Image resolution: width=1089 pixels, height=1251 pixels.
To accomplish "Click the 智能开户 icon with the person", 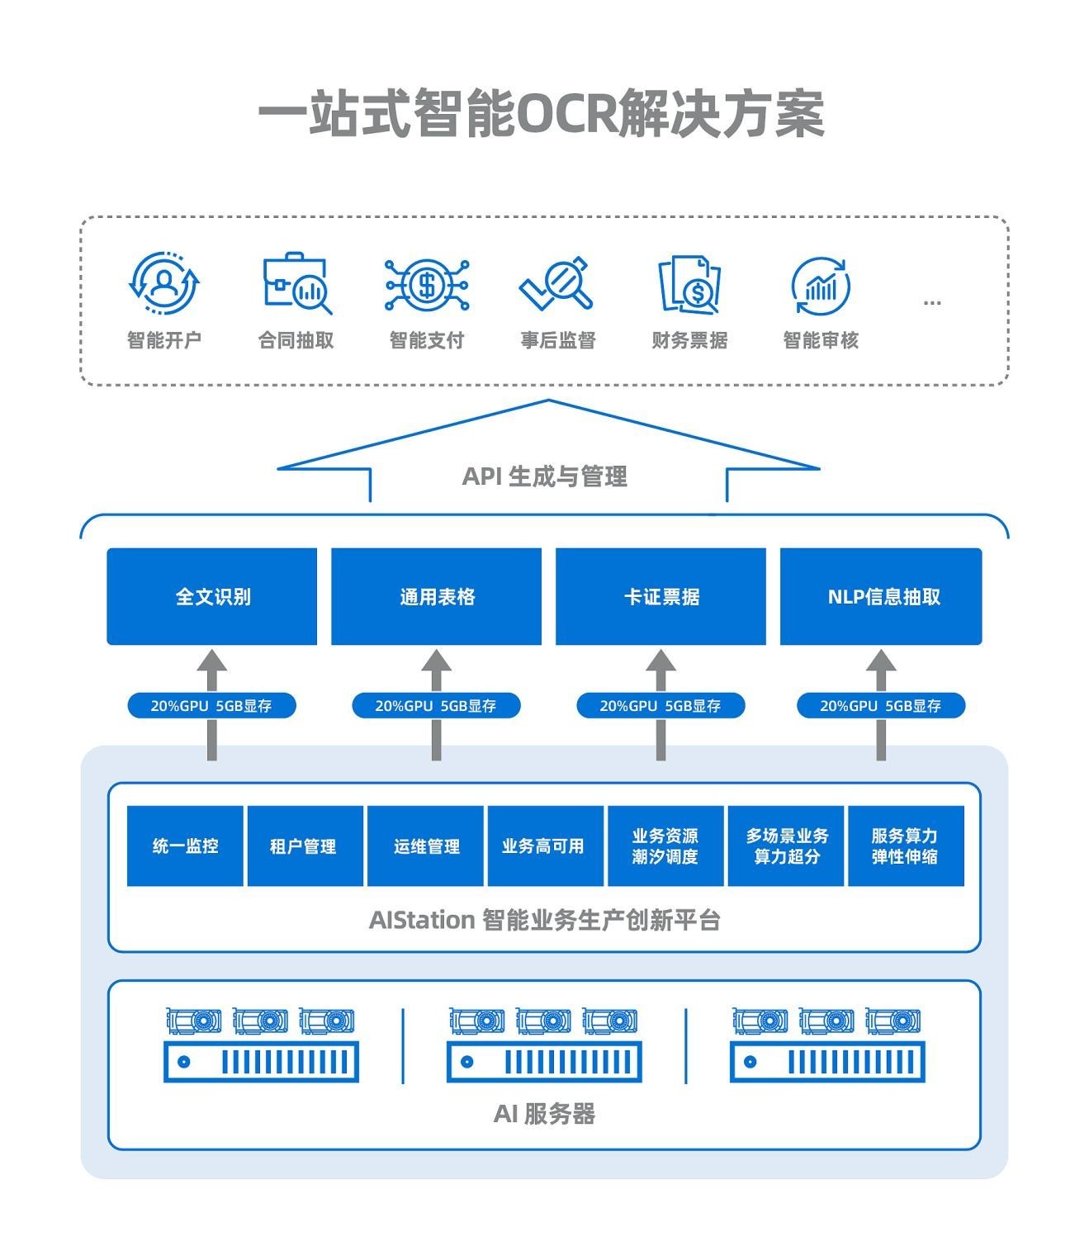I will tap(164, 283).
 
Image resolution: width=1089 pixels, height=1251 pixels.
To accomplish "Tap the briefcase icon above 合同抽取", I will tap(296, 283).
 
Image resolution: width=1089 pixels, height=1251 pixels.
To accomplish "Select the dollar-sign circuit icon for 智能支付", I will tap(427, 285).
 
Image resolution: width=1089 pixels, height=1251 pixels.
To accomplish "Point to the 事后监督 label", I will tap(558, 340).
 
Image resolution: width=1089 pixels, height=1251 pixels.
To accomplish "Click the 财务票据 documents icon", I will tap(689, 285).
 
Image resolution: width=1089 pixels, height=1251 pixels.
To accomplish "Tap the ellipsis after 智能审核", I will tap(932, 303).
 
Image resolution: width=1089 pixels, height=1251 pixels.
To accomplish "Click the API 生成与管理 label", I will tap(545, 476).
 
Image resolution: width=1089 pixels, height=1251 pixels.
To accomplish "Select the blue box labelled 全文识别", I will tap(212, 596).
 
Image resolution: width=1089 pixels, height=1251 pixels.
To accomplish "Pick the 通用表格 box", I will tap(436, 596).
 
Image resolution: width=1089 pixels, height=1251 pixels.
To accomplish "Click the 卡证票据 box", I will tap(661, 596).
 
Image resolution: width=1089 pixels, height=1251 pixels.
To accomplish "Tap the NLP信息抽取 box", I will tap(881, 596).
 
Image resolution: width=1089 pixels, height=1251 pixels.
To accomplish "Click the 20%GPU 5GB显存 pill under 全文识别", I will tap(211, 706).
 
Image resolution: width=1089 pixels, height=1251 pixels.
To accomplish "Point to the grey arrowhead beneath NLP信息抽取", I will tap(881, 661).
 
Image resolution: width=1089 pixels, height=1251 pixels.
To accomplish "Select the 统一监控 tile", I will tap(185, 846).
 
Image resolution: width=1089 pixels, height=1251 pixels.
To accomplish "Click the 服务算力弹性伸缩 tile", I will tap(906, 846).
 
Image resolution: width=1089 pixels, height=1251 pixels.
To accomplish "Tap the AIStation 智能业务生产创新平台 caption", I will tap(545, 919).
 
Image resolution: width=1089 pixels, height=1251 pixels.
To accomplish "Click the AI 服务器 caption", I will tap(545, 1114).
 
